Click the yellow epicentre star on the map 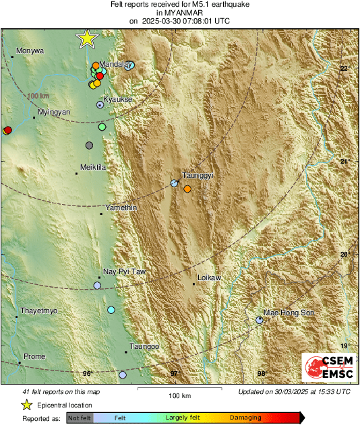click(x=87, y=39)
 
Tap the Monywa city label click(x=30, y=51)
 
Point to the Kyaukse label click(x=117, y=100)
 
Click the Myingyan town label click(x=54, y=112)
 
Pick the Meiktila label click(x=93, y=167)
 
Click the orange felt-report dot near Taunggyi click(x=187, y=189)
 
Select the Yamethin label click(x=121, y=208)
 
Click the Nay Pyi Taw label click(x=124, y=272)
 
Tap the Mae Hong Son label click(x=289, y=313)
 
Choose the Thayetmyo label click(x=39, y=311)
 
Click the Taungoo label click(x=144, y=346)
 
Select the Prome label click(x=34, y=356)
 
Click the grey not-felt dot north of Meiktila click(x=89, y=145)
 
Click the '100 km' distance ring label click(x=38, y=97)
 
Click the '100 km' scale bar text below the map click(x=177, y=395)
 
